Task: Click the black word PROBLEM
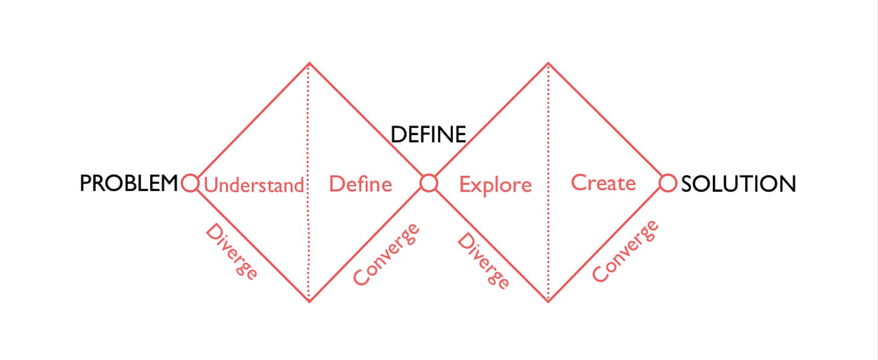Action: click(129, 183)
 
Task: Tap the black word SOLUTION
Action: click(738, 183)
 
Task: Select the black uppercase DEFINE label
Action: click(428, 134)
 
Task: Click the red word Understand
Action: click(253, 185)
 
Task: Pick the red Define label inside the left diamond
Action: click(360, 183)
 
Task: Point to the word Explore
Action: click(495, 185)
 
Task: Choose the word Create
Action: click(603, 182)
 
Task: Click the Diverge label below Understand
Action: click(232, 251)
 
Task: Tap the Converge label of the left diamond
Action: click(386, 254)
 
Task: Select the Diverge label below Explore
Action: click(483, 261)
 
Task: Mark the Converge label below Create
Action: click(625, 251)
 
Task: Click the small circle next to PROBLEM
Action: click(189, 183)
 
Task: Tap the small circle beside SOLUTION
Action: click(668, 183)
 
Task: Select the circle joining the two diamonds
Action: click(429, 183)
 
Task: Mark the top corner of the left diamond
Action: click(309, 63)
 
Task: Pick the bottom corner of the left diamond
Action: click(309, 301)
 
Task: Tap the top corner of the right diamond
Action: click(548, 63)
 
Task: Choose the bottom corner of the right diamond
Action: click(548, 301)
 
